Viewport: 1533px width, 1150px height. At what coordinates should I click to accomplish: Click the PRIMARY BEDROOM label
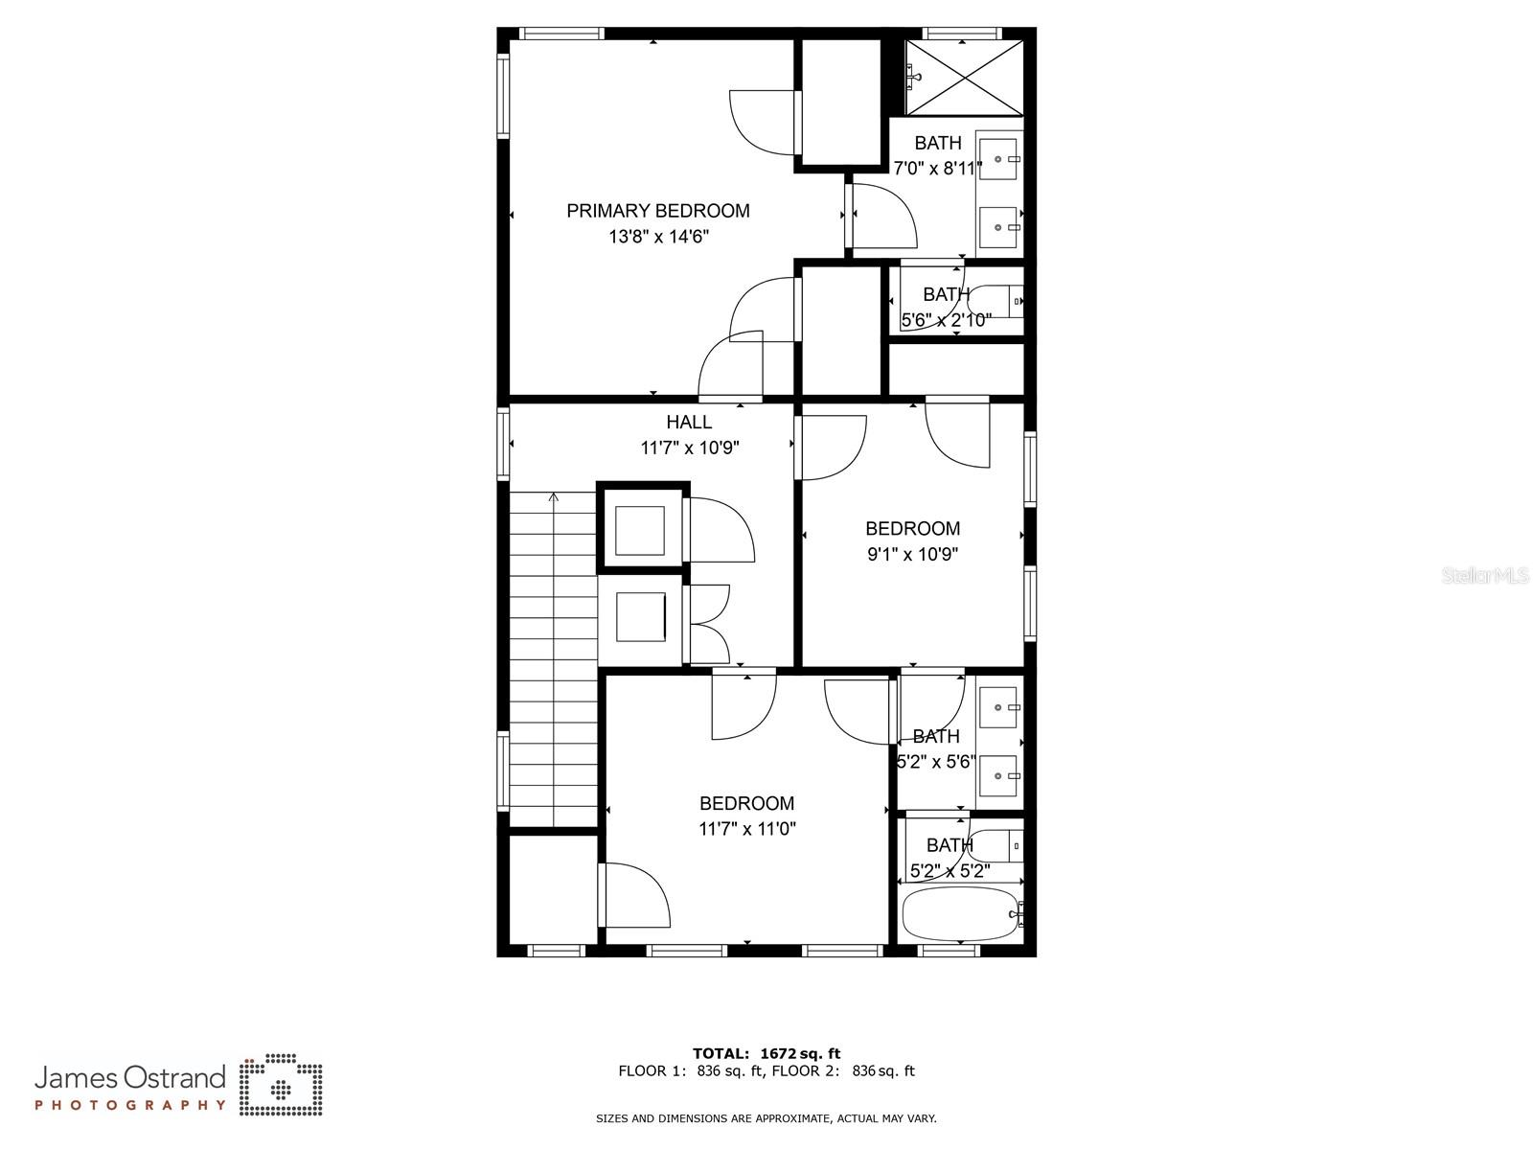pos(658,211)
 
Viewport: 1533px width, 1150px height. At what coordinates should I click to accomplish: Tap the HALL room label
pos(689,422)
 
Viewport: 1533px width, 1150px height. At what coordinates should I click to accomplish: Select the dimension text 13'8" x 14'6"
pos(658,237)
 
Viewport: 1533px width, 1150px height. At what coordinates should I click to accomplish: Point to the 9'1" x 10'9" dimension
pos(912,554)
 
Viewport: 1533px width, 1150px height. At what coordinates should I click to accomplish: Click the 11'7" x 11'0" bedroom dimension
pos(746,829)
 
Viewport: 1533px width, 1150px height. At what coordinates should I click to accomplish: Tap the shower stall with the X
pos(964,78)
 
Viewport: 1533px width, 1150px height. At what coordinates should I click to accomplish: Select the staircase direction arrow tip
pos(553,496)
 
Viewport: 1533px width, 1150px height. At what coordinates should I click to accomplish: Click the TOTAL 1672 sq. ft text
pos(766,1053)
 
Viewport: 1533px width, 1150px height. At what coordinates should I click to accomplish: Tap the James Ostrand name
pos(130,1078)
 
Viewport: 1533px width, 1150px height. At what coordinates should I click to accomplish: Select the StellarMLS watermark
pos(1486,576)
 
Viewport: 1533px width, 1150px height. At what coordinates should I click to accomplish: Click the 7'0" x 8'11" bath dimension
pos(938,169)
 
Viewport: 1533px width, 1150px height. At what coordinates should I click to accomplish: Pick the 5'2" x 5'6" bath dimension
pos(935,762)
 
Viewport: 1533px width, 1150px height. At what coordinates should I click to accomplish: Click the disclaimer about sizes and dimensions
pos(766,1118)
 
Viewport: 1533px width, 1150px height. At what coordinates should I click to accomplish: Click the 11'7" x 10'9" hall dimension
pos(690,448)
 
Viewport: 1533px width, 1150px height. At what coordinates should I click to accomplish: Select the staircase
pos(553,661)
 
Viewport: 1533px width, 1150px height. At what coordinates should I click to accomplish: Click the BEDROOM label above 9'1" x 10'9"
pos(912,528)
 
